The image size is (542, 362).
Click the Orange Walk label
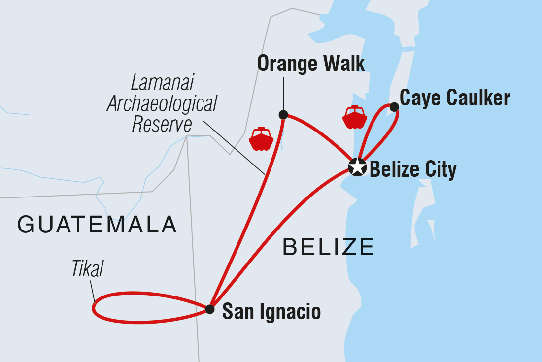pos(311,64)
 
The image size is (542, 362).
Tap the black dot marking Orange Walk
pos(283,115)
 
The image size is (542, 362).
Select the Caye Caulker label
pos(454,99)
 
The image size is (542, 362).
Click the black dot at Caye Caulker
pos(394,107)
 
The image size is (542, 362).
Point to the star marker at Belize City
pos(357,167)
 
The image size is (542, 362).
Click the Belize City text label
pos(413,170)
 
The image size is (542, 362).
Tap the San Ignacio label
pos(271,312)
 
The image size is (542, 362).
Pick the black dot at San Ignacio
pos(210,309)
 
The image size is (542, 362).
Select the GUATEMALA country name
pos(97,225)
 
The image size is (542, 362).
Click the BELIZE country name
pos(329,247)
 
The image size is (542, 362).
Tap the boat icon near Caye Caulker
pos(355,117)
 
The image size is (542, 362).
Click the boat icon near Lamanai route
pos(261,139)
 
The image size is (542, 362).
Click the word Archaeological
pos(162,103)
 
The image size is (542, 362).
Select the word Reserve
pos(162,125)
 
